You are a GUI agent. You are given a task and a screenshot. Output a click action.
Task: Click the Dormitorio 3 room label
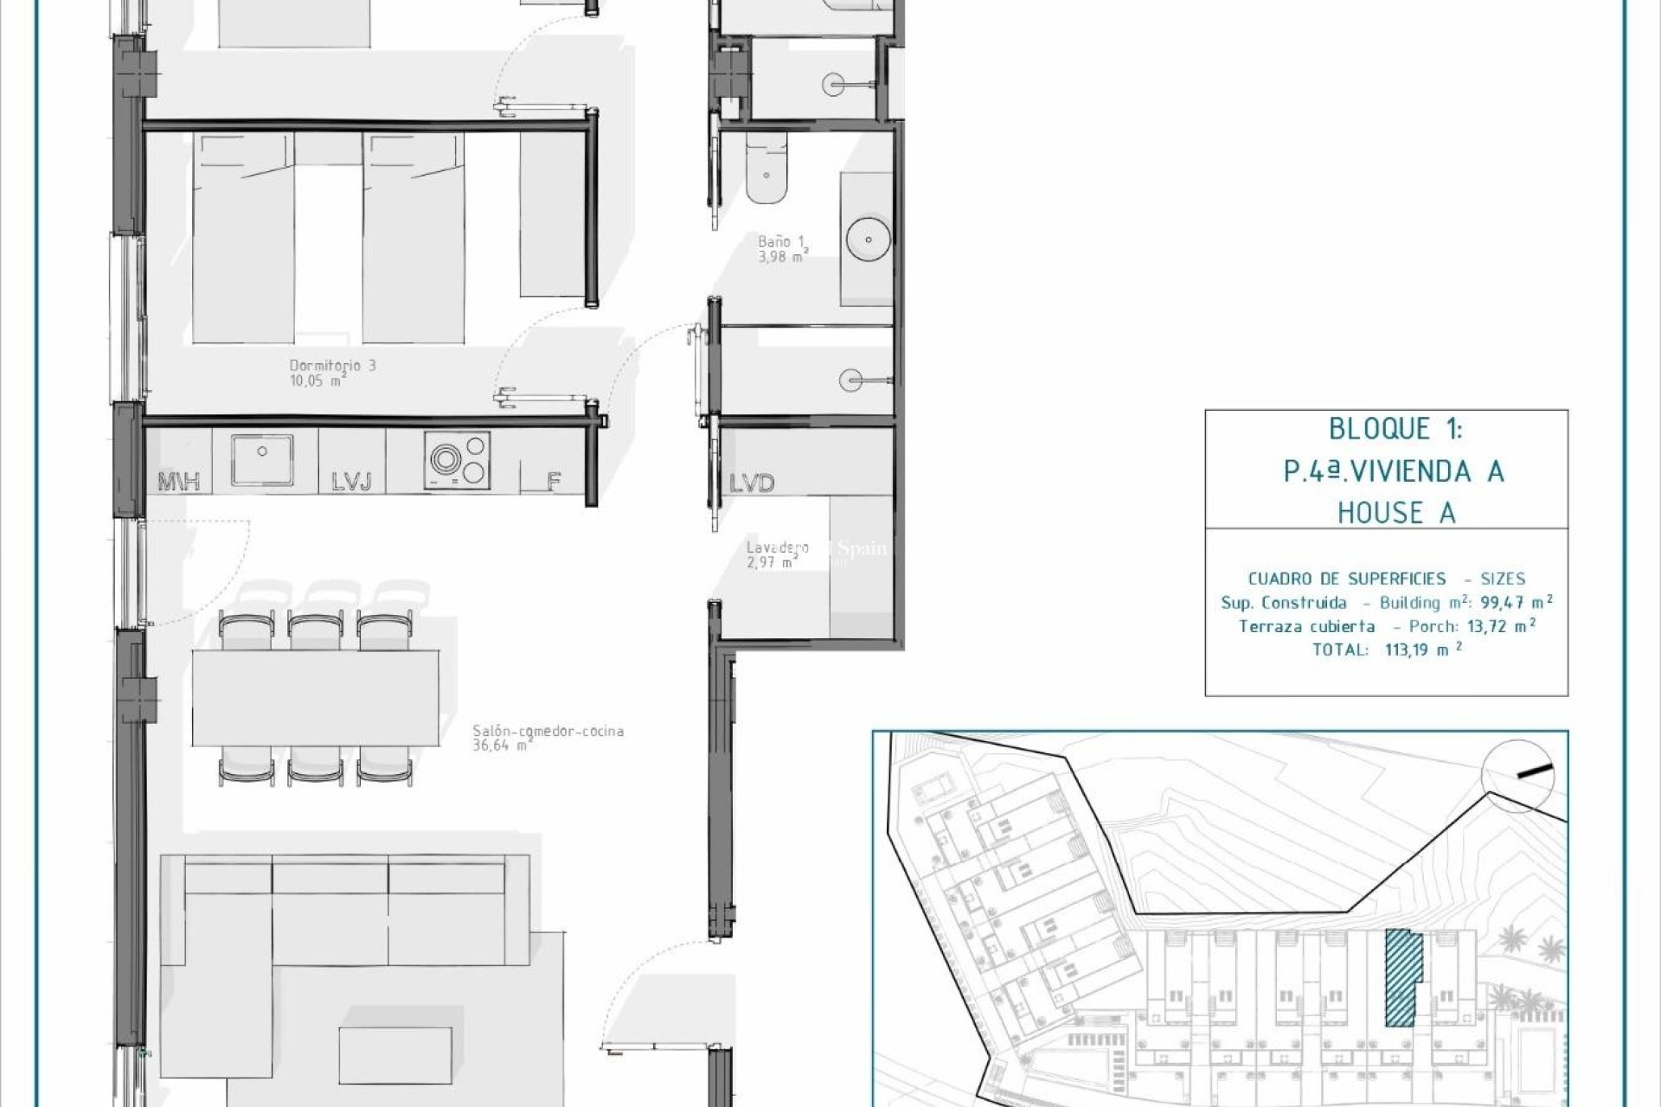pyautogui.click(x=332, y=366)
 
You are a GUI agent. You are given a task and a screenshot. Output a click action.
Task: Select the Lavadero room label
pyautogui.click(x=777, y=547)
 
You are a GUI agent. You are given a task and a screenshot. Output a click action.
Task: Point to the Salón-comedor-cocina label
pyautogui.click(x=548, y=731)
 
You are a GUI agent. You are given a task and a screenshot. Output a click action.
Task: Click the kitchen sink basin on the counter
pyautogui.click(x=262, y=458)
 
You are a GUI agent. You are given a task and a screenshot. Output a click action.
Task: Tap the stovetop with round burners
pyautogui.click(x=457, y=458)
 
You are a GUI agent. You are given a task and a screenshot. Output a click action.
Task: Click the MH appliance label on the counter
pyautogui.click(x=179, y=482)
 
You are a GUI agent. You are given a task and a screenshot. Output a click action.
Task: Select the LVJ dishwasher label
pyautogui.click(x=351, y=482)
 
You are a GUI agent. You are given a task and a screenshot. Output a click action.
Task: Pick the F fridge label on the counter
pyautogui.click(x=554, y=482)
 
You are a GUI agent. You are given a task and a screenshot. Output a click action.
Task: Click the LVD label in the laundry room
pyautogui.click(x=751, y=483)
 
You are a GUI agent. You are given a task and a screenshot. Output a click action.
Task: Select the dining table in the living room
pyautogui.click(x=315, y=697)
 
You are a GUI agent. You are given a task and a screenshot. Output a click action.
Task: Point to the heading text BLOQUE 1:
pyautogui.click(x=1395, y=429)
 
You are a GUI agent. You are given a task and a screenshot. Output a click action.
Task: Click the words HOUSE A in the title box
pyautogui.click(x=1395, y=513)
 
